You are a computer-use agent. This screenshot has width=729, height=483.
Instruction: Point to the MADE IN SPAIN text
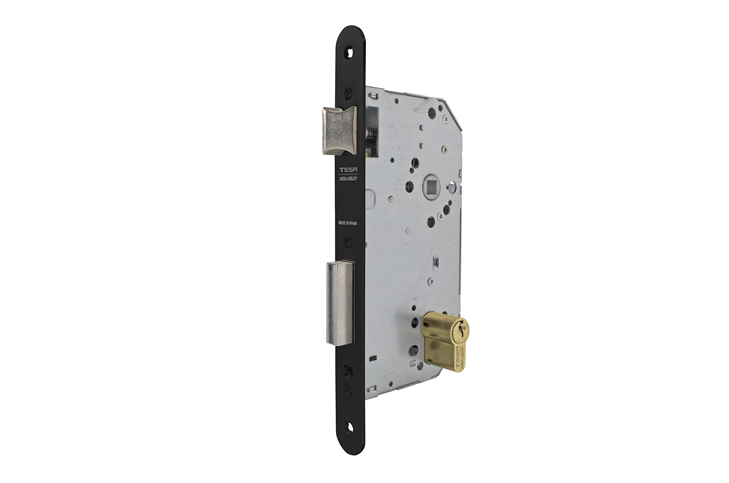(347, 223)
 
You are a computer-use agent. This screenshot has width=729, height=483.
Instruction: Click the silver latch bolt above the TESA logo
(339, 130)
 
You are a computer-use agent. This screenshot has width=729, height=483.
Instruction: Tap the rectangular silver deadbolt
(340, 303)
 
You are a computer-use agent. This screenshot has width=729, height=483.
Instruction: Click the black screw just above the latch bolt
(348, 94)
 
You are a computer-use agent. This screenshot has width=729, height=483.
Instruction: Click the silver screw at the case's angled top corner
(445, 118)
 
